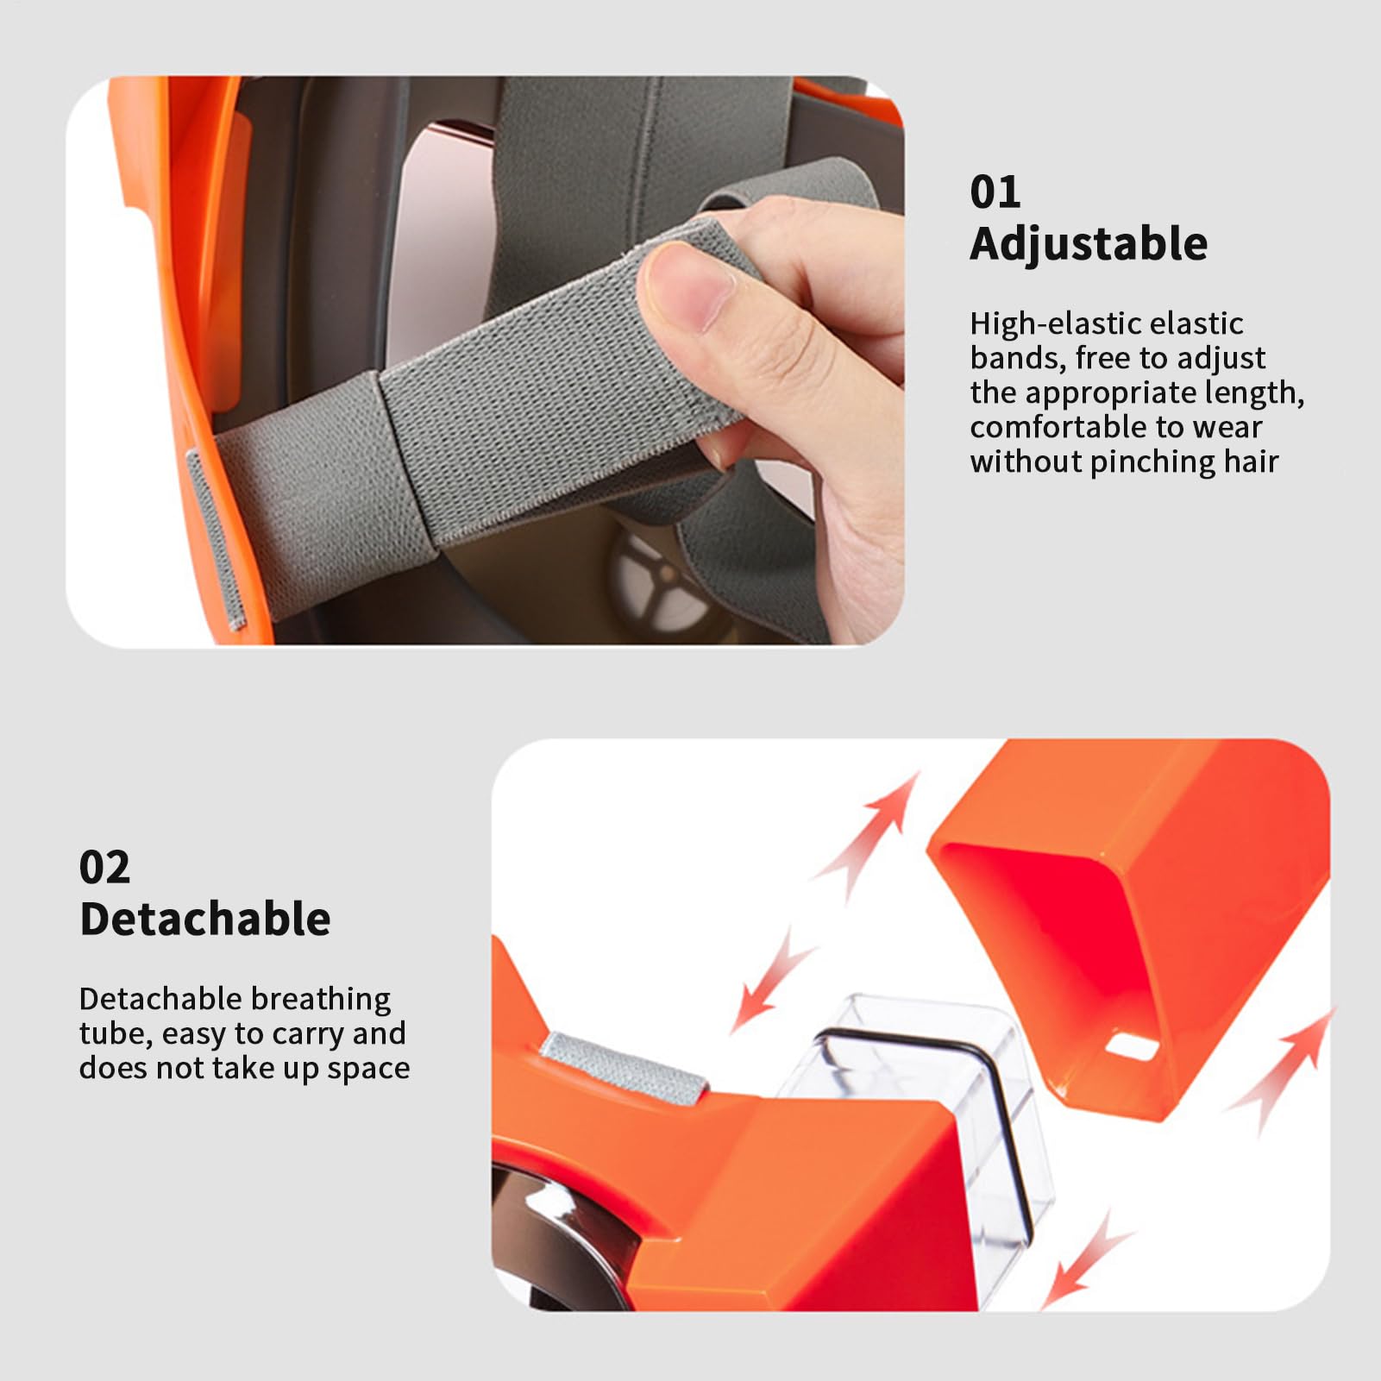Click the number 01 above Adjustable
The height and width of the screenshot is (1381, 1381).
click(x=995, y=191)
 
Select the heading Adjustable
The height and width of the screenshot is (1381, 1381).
click(x=1089, y=244)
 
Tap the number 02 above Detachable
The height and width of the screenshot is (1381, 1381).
click(x=104, y=867)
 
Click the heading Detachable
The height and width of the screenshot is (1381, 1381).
click(x=205, y=919)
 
